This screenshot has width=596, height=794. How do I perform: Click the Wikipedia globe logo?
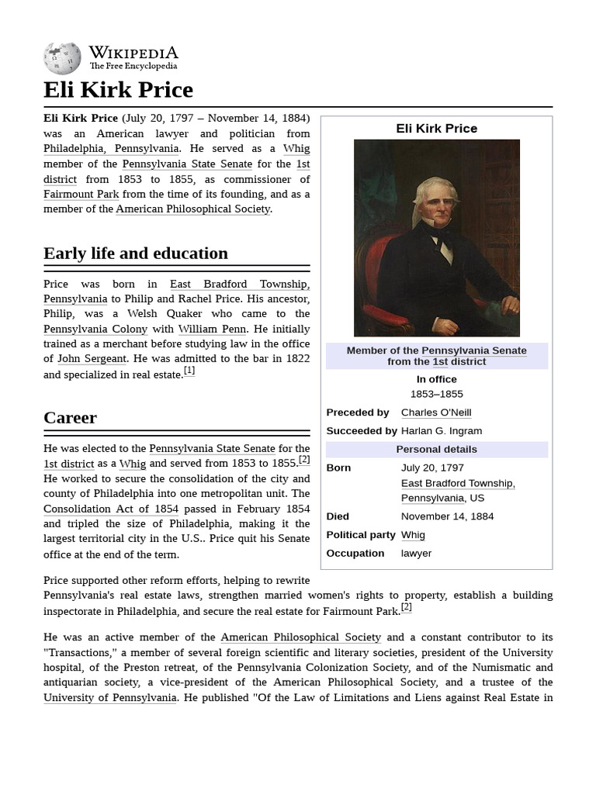(62, 59)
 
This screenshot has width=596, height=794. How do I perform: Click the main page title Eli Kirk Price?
(118, 90)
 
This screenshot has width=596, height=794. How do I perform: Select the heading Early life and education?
(136, 254)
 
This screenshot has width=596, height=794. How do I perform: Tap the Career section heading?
(70, 418)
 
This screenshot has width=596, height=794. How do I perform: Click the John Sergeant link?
(92, 358)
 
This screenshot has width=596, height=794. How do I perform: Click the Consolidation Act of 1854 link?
(111, 509)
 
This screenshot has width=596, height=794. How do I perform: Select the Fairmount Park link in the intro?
(81, 194)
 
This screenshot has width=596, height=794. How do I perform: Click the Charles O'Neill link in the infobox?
(435, 413)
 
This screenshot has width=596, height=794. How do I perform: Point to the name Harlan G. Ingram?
(441, 431)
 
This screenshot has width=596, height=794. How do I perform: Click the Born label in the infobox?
(338, 468)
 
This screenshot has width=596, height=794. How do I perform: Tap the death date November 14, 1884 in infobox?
(447, 516)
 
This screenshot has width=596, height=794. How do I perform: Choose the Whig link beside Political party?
(413, 535)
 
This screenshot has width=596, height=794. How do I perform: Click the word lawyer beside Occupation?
(416, 554)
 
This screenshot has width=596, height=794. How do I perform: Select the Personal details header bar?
(436, 450)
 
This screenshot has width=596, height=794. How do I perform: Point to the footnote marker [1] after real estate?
(189, 371)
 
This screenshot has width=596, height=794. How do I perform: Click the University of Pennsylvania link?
(110, 697)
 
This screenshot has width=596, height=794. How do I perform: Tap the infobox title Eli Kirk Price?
(436, 129)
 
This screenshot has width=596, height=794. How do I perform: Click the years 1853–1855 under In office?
(436, 394)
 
